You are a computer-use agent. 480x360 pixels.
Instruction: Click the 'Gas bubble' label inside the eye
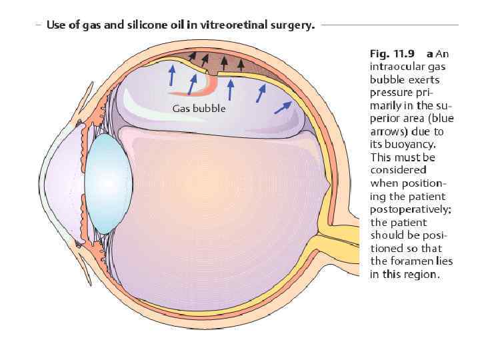coord(199,109)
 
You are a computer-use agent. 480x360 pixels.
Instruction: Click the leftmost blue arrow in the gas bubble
coord(171,75)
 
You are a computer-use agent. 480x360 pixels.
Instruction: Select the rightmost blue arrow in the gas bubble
coord(283,107)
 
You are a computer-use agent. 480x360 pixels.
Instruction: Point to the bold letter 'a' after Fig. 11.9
coord(431,54)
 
